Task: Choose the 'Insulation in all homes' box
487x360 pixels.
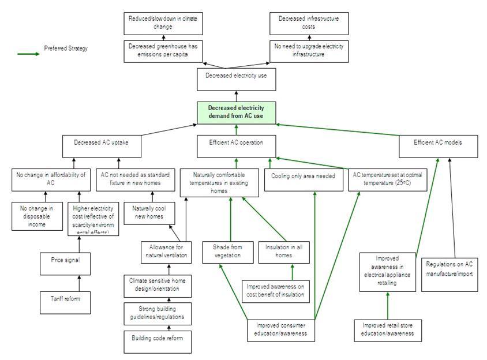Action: point(279,252)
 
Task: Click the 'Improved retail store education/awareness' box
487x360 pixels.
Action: point(388,329)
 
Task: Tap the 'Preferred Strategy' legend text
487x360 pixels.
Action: point(66,49)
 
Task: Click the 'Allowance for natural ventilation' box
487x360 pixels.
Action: point(167,252)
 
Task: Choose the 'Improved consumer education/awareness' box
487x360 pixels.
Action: point(282,329)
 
